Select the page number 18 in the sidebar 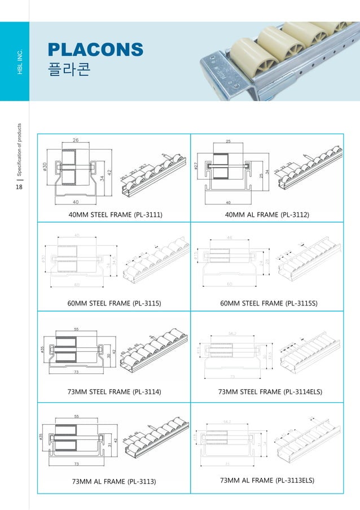click(x=19, y=188)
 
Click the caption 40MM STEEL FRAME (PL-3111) click(x=114, y=215)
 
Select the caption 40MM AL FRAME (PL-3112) click(x=267, y=215)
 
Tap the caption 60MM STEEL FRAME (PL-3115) click(x=114, y=303)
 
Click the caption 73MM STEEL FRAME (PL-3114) click(x=114, y=391)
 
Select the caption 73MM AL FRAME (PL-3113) click(x=114, y=481)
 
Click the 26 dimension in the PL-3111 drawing click(x=76, y=140)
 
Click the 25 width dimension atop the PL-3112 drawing click(x=228, y=140)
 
